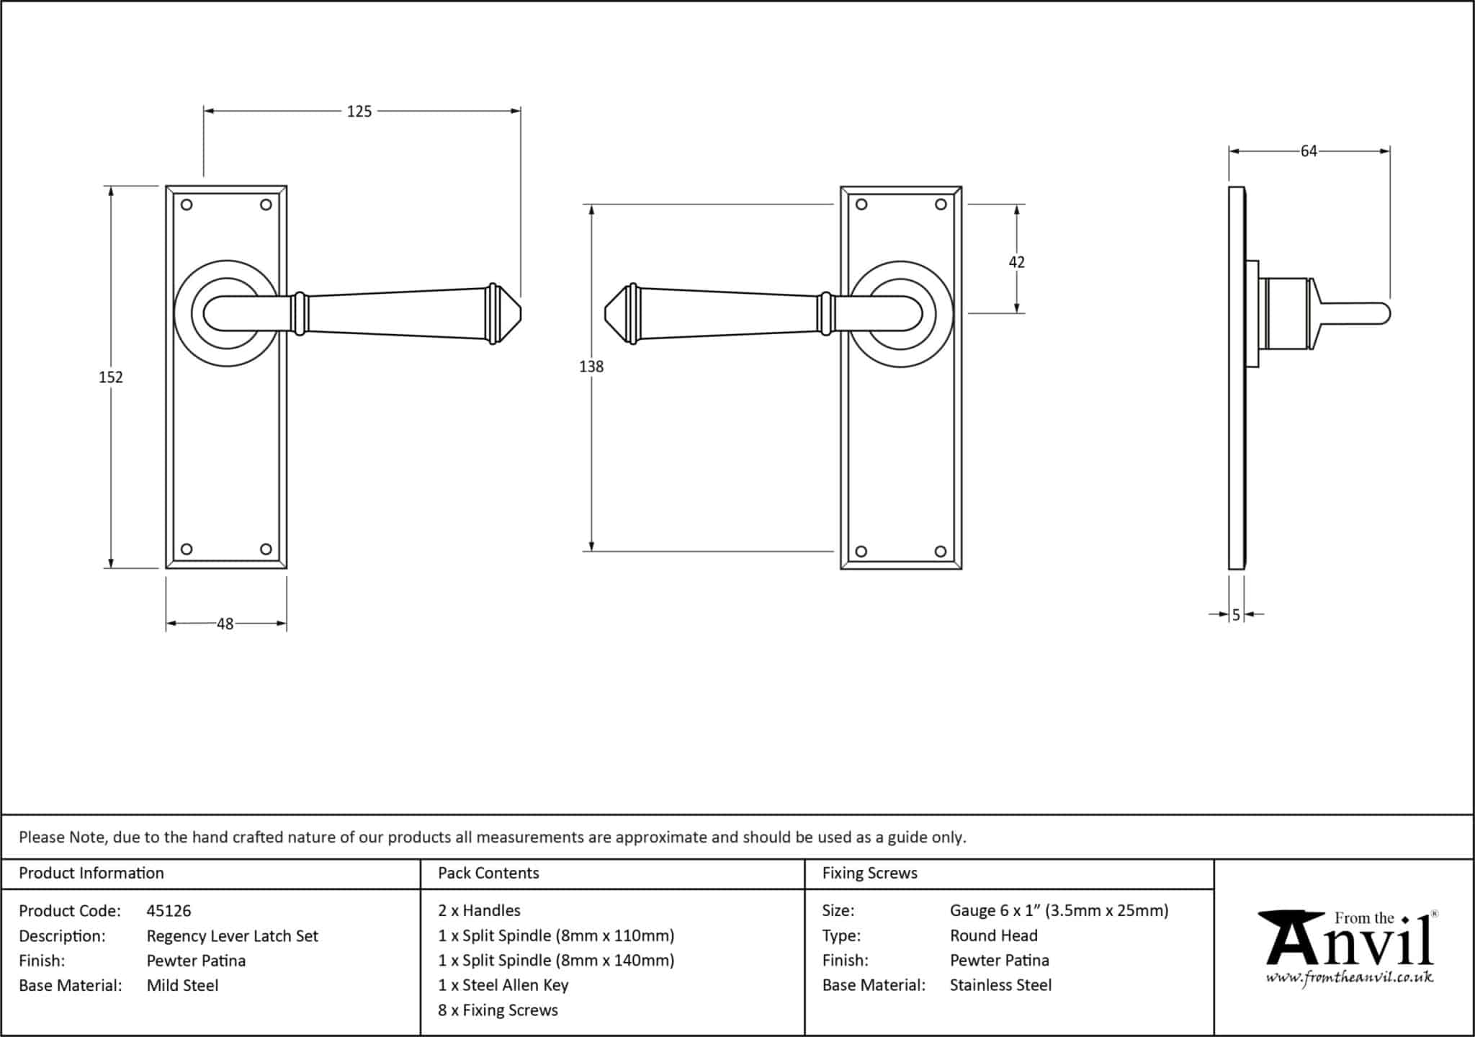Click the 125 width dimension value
click(359, 111)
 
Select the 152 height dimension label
click(111, 377)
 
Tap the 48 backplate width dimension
click(225, 624)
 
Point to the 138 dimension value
click(591, 367)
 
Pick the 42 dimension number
click(1016, 262)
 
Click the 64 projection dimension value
click(1309, 151)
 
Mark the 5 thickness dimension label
click(1236, 615)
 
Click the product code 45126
click(169, 911)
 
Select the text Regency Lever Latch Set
click(232, 936)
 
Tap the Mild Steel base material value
click(182, 986)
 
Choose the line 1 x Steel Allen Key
click(503, 985)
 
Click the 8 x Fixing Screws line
click(498, 1010)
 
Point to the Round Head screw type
click(993, 935)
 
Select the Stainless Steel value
click(1000, 985)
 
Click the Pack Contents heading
click(488, 874)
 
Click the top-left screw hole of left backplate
click(187, 205)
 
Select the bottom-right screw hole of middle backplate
click(940, 552)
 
